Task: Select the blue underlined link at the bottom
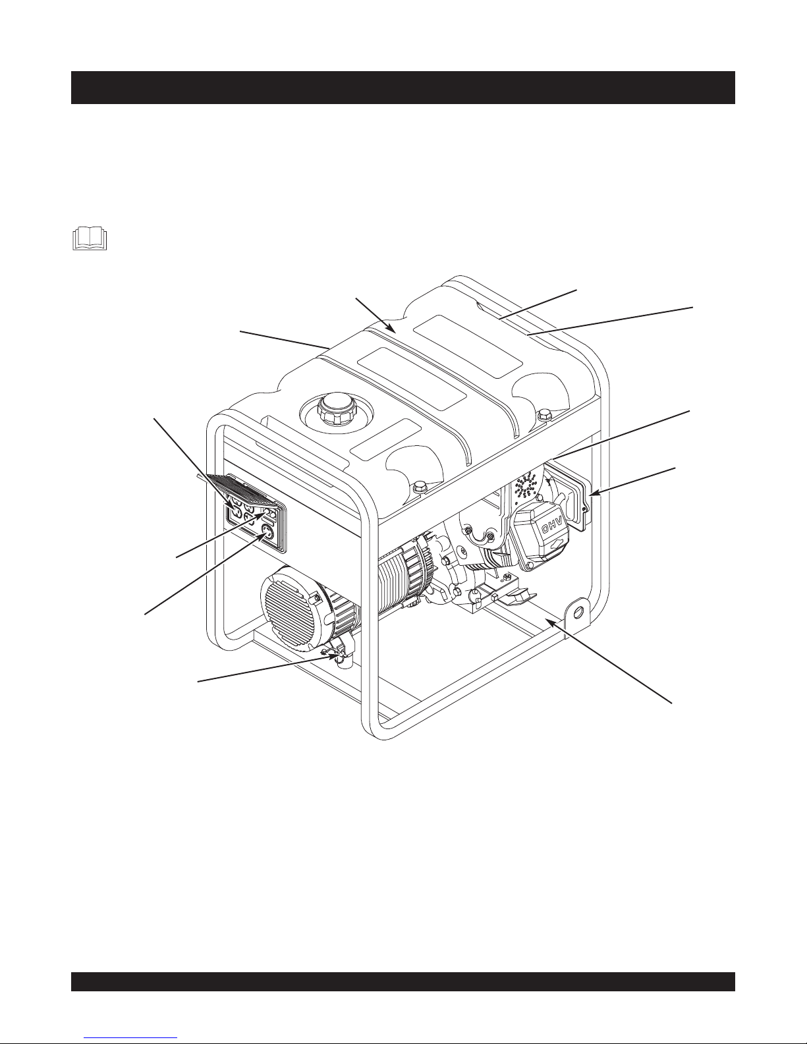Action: coord(130,1039)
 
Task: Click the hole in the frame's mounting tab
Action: coord(579,612)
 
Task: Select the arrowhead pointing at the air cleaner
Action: coord(594,493)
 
